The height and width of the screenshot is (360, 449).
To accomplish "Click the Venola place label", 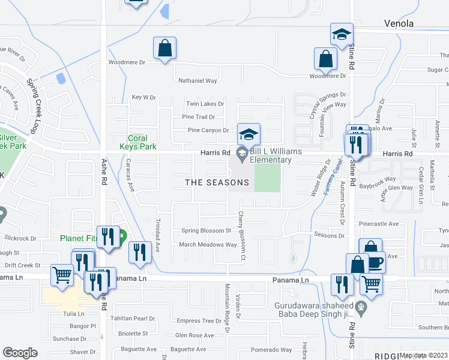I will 399,24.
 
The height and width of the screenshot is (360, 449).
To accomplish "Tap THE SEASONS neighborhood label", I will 217,182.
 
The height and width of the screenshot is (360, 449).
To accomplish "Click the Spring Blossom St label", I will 206,230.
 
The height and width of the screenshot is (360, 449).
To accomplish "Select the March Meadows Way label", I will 208,245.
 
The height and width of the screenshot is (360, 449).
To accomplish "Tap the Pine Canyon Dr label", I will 208,130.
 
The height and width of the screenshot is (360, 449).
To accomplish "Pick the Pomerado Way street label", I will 271,350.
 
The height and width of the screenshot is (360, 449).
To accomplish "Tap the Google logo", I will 20,353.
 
